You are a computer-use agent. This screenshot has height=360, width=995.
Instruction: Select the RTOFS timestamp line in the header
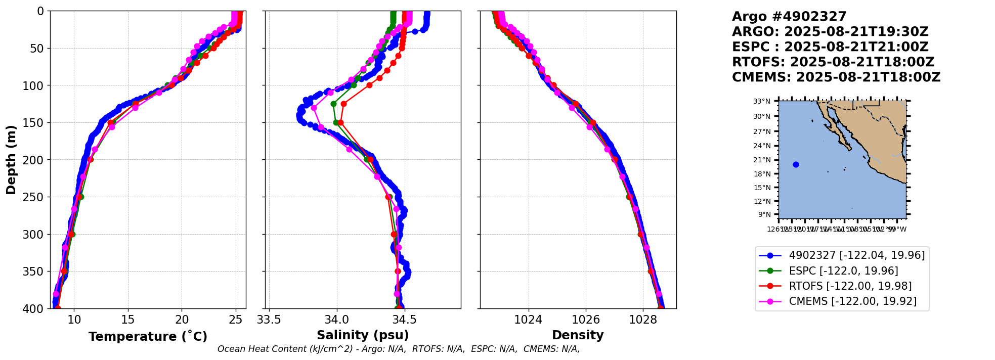pyautogui.click(x=833, y=62)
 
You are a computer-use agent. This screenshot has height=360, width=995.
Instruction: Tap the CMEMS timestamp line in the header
pyautogui.click(x=836, y=77)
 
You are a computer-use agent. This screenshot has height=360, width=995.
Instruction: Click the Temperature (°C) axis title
pyautogui.click(x=148, y=336)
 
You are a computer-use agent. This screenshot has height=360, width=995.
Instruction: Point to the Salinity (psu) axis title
pyautogui.click(x=363, y=335)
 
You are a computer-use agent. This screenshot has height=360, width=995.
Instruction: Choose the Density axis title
pyautogui.click(x=578, y=335)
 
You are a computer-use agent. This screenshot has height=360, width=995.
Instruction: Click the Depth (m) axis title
pyautogui.click(x=11, y=160)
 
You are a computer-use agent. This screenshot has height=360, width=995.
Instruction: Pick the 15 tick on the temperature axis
pyautogui.click(x=128, y=320)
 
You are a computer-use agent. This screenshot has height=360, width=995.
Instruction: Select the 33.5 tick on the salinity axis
pyautogui.click(x=269, y=320)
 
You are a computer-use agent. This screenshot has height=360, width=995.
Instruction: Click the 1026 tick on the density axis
pyautogui.click(x=586, y=320)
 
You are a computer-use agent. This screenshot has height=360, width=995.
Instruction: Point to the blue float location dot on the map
pyautogui.click(x=796, y=164)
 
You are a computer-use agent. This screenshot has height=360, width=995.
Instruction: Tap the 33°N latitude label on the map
pyautogui.click(x=762, y=102)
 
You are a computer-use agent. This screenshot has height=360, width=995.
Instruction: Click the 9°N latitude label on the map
pyautogui.click(x=764, y=215)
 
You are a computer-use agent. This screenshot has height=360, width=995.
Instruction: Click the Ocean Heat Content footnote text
pyautogui.click(x=399, y=349)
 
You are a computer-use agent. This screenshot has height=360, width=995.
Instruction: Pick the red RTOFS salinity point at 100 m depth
pyautogui.click(x=369, y=85)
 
